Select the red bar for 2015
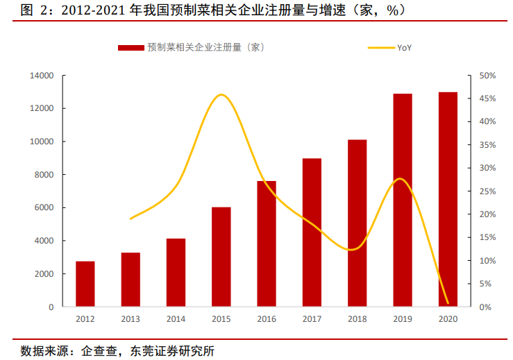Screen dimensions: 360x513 coord(221,257)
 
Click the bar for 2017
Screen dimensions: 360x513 coord(312,233)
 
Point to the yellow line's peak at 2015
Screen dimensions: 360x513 coord(221,95)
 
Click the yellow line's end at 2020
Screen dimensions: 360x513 coord(448,303)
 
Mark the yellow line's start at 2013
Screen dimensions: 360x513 coord(131,218)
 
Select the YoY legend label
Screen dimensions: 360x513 coord(405,48)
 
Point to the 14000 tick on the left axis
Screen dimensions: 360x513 coord(42,76)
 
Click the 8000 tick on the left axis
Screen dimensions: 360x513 coord(44,175)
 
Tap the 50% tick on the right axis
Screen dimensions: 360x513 coord(487,76)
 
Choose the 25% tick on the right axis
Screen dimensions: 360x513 coord(487,191)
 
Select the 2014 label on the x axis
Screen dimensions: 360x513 coord(176,319)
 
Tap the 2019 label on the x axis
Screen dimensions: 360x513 coord(402,319)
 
